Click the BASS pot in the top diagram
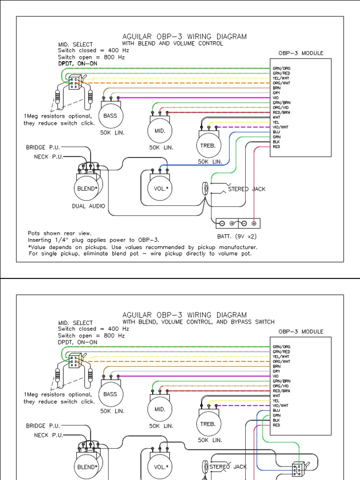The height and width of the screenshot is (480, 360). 110,115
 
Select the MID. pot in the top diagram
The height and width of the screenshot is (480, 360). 160,130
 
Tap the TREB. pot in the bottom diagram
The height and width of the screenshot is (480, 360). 208,423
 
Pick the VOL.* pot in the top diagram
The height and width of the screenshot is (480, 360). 160,188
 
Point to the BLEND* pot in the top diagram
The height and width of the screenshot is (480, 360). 86,188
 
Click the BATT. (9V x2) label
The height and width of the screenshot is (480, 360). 237,236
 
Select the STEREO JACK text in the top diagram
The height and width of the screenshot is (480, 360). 247,189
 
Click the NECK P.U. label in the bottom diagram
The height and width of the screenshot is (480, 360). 48,435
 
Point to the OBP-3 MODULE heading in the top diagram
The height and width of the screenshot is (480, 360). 300,53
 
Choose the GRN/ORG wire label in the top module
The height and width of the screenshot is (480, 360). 281,68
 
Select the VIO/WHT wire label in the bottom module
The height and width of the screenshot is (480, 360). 281,405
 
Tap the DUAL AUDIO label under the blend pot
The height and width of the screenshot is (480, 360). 89,206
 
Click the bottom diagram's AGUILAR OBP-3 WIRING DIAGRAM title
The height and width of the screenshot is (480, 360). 184,315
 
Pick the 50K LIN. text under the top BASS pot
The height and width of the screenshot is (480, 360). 112,133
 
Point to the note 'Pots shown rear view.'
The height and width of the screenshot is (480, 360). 60,233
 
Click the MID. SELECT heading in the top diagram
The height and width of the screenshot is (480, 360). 75,45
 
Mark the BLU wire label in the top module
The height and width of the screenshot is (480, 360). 276,132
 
